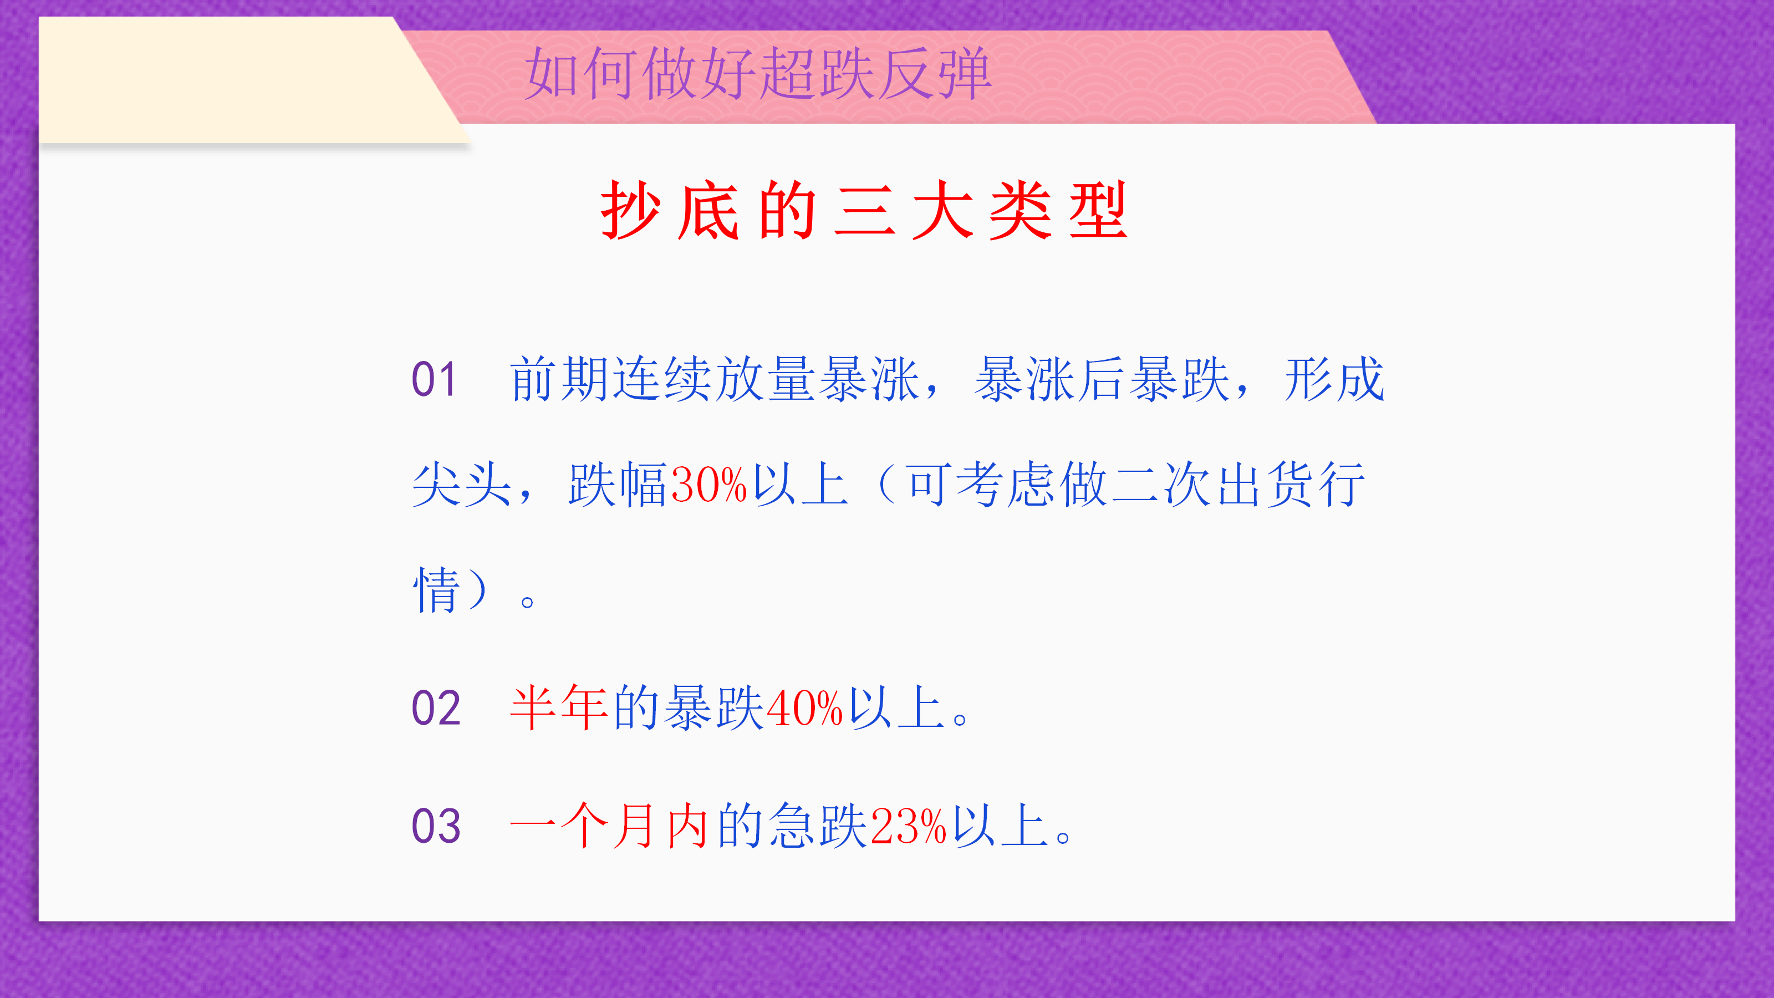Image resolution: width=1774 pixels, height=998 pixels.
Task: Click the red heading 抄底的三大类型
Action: coord(864,210)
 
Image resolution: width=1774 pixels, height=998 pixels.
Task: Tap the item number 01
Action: coord(434,379)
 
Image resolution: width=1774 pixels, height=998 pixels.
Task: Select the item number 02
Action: coord(435,708)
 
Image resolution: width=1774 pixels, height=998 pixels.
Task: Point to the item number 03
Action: coord(435,826)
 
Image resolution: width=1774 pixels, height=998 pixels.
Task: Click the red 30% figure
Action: coord(708,484)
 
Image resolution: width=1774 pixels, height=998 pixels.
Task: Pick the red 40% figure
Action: coord(804,708)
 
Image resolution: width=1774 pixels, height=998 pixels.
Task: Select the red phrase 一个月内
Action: coord(609,825)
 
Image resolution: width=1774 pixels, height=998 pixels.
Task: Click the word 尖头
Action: coord(461,484)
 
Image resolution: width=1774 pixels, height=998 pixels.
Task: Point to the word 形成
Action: coord(1334,379)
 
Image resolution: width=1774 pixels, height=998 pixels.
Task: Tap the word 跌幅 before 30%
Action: coord(617,484)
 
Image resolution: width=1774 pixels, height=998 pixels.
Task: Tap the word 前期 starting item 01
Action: coord(559,379)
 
